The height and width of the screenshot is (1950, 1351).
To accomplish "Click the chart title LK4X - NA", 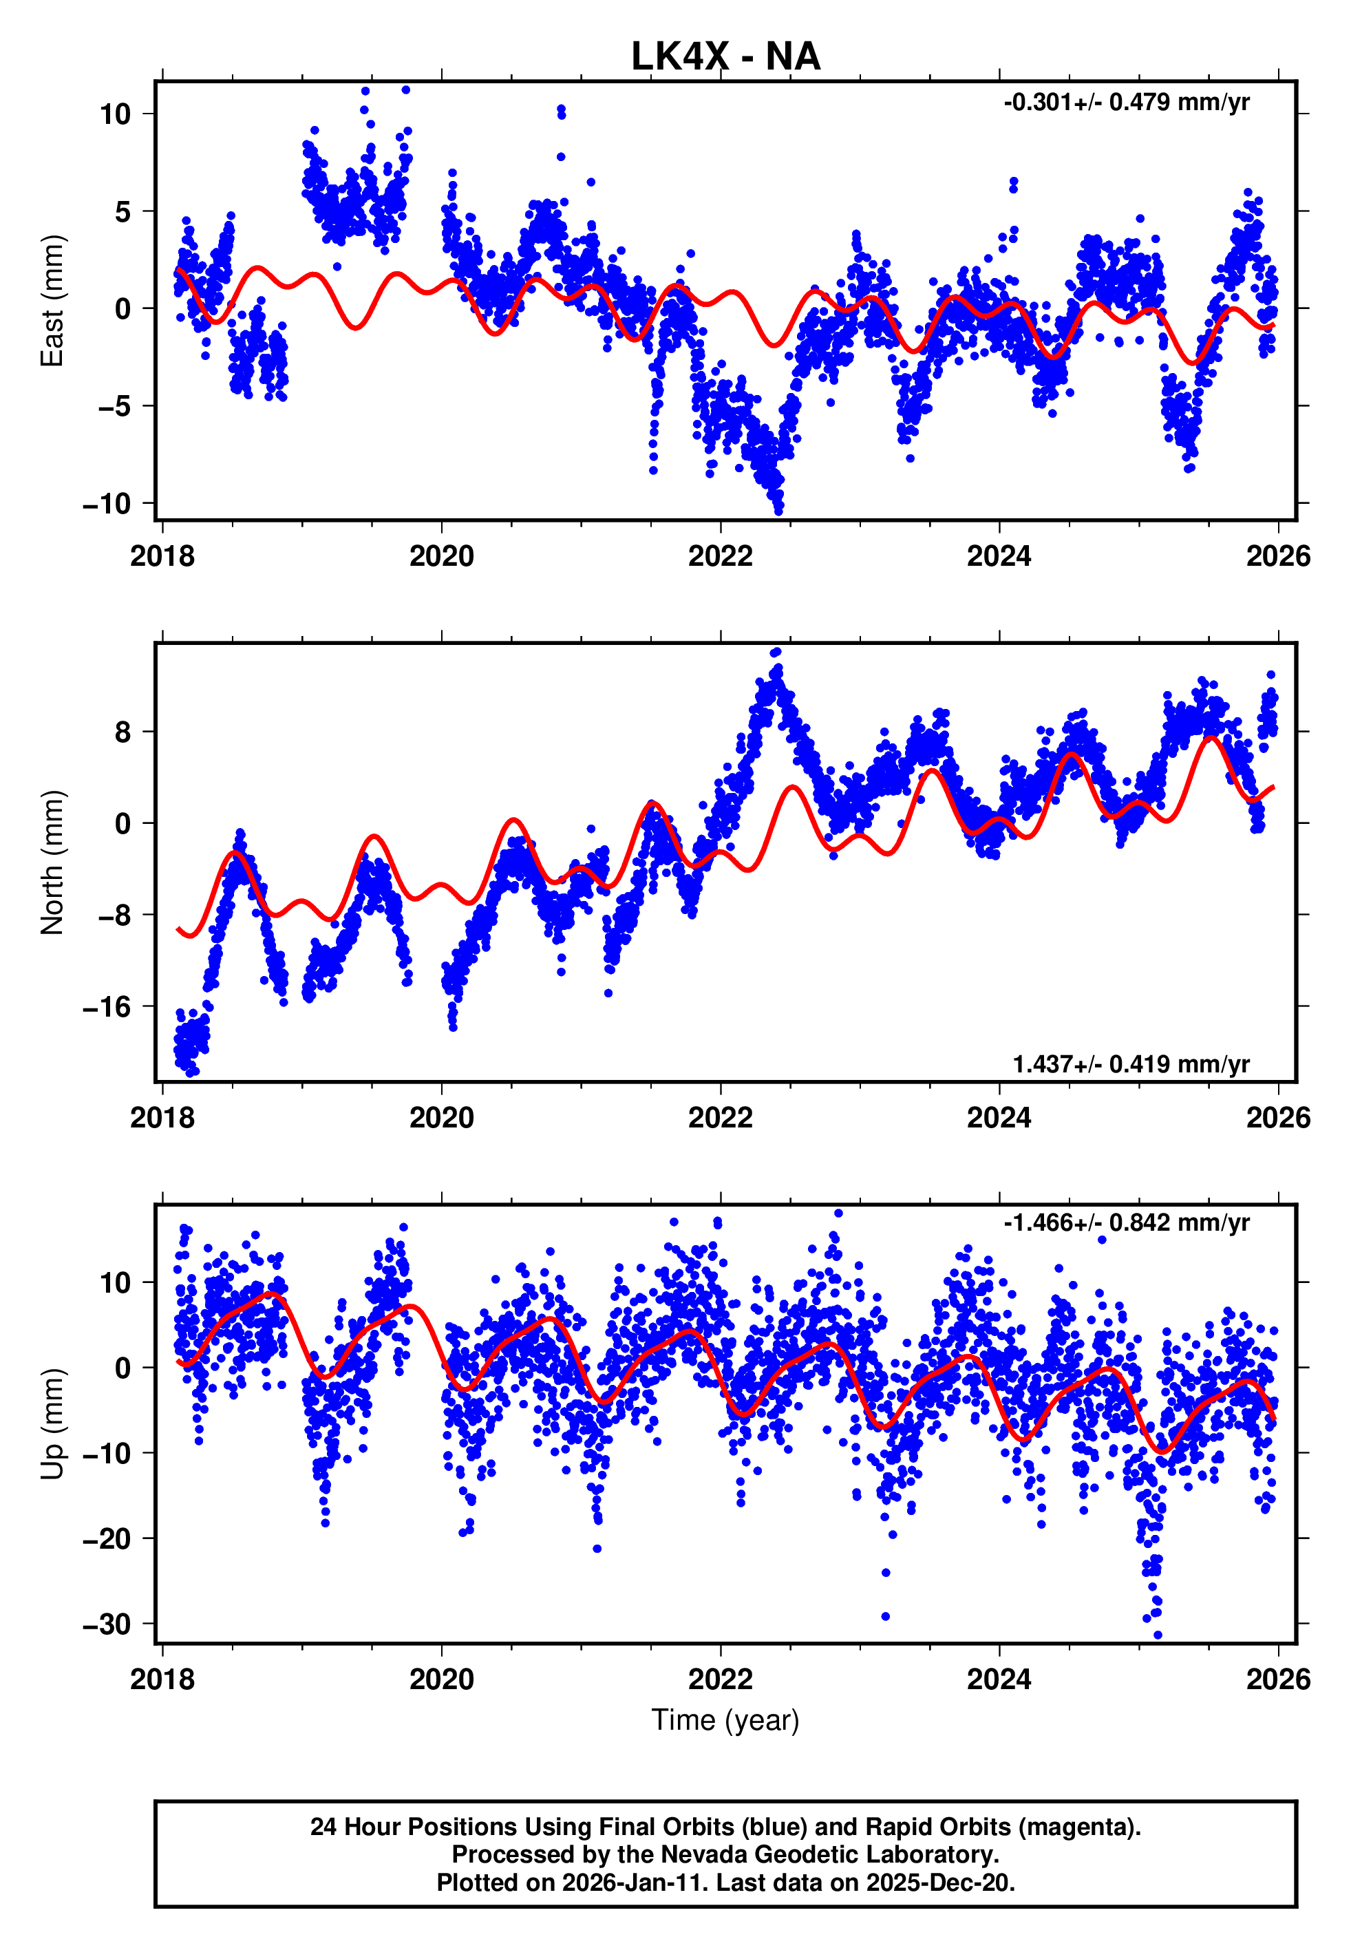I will pos(725,56).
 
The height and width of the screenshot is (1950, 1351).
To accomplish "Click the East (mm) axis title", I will pos(52,301).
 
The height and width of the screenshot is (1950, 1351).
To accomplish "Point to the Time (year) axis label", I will pos(725,1720).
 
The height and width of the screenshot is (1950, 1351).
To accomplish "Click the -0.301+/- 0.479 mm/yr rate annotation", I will pos(1126,103).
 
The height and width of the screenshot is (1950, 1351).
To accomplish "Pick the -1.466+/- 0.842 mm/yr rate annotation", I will pos(1126,1222).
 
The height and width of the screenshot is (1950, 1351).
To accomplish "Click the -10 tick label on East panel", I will pos(107,505).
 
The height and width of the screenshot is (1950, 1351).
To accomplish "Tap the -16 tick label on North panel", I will pos(107,1007).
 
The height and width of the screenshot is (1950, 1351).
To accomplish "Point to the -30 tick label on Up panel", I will pos(107,1624).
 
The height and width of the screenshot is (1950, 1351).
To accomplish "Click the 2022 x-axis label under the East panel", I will pos(721,556).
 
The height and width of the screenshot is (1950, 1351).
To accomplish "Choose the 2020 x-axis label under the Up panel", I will pos(441,1679).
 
